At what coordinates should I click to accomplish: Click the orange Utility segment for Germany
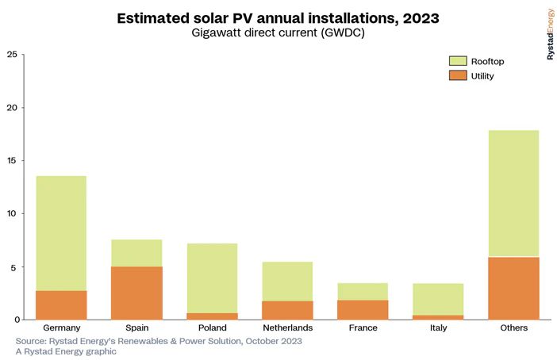pyautogui.click(x=61, y=305)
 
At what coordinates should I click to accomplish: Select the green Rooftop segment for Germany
pyautogui.click(x=61, y=233)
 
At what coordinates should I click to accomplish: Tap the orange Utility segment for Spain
pyautogui.click(x=136, y=293)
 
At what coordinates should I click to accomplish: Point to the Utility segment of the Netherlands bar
pyautogui.click(x=287, y=310)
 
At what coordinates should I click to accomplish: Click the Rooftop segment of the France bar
pyautogui.click(x=363, y=292)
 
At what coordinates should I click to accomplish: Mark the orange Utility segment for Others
pyautogui.click(x=513, y=288)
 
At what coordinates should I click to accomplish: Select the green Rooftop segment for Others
pyautogui.click(x=513, y=193)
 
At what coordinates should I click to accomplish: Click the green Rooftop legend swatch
pyautogui.click(x=458, y=61)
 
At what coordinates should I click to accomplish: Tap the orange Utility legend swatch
pyautogui.click(x=458, y=75)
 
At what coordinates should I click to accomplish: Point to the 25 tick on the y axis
pyautogui.click(x=12, y=55)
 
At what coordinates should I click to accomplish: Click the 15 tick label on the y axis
pyautogui.click(x=12, y=161)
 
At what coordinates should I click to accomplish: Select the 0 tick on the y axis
pyautogui.click(x=14, y=320)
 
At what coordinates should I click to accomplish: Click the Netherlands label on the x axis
pyautogui.click(x=287, y=327)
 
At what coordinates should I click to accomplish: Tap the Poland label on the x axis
pyautogui.click(x=212, y=327)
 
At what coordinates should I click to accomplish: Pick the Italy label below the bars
pyautogui.click(x=438, y=327)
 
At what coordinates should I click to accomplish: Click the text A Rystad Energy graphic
pyautogui.click(x=66, y=351)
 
